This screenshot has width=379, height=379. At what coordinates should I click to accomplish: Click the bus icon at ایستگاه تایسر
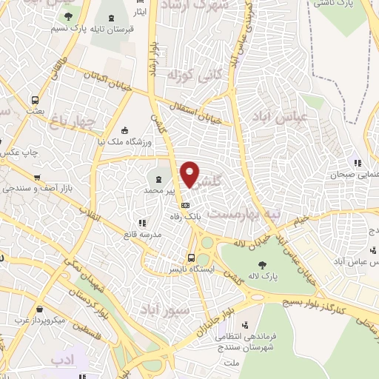[x=192, y=258]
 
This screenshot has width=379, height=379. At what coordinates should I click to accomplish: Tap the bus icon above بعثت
[x=35, y=100]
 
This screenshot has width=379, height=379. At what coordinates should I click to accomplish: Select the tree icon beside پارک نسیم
[x=69, y=16]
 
